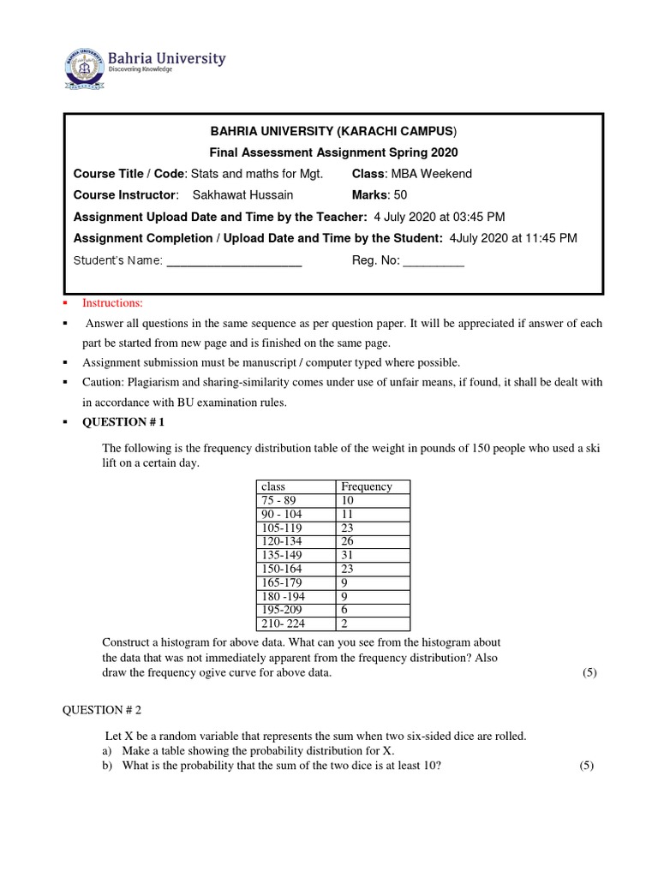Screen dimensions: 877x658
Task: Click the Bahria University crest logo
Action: coord(83,67)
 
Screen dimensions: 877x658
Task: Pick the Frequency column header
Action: coord(366,486)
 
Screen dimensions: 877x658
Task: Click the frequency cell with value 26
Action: coord(348,540)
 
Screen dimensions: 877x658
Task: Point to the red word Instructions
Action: coord(113,303)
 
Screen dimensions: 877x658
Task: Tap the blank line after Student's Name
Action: coord(233,261)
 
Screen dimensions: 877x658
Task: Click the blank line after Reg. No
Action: coord(433,261)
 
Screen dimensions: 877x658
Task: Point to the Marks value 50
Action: coord(400,194)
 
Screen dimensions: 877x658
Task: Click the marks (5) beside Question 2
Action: coord(587,765)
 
